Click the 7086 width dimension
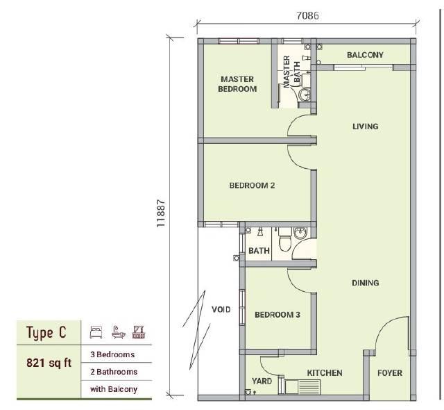(307, 15)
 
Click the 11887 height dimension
(161, 213)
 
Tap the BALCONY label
(365, 55)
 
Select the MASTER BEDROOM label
(237, 84)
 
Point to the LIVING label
(366, 126)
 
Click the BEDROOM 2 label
(252, 186)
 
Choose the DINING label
(366, 283)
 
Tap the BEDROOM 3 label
(277, 315)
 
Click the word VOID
(221, 309)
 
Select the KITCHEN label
(325, 373)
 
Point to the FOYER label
(390, 373)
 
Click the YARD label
(262, 381)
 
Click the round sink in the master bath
(305, 95)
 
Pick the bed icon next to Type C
(96, 332)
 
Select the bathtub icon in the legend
(119, 332)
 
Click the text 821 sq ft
(49, 363)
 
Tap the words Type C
(46, 333)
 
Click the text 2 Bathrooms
(114, 372)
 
